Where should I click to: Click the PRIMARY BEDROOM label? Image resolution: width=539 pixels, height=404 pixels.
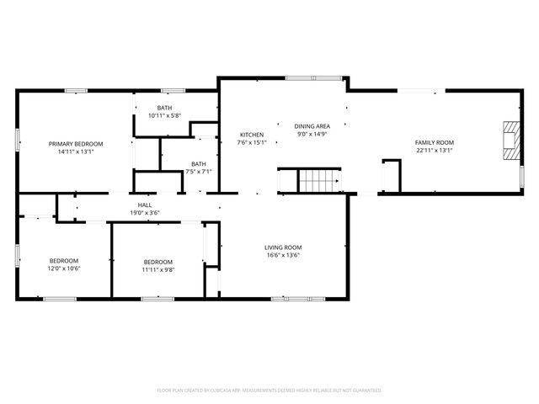tap(76, 144)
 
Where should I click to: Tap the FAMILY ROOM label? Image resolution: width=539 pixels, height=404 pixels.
tap(435, 142)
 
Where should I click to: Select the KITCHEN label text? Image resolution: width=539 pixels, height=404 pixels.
tap(252, 135)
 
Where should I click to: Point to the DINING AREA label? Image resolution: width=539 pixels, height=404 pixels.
tap(312, 125)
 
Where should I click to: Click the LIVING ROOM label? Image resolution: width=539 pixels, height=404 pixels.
tap(283, 247)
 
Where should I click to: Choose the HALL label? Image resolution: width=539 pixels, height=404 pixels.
tap(145, 205)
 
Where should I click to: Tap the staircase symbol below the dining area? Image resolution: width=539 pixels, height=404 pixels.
tap(319, 180)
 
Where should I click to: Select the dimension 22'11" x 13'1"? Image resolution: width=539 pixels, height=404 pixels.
tap(435, 151)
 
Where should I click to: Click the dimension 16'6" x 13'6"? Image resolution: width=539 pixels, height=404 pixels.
tap(283, 255)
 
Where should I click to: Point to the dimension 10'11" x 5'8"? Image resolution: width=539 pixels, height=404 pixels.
tap(165, 115)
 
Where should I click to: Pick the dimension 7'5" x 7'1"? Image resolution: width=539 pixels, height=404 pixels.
tap(198, 172)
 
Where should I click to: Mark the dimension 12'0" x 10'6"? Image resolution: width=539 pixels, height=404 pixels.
tap(63, 269)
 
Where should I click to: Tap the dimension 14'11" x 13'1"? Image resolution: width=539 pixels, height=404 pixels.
tap(76, 152)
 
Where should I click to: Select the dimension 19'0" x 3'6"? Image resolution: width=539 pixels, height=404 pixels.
tap(145, 213)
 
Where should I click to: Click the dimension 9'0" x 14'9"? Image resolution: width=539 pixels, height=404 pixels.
tap(312, 134)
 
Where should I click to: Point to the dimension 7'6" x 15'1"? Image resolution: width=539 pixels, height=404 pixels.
tap(252, 142)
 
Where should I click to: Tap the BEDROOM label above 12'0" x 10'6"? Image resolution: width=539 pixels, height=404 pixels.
tap(63, 261)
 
